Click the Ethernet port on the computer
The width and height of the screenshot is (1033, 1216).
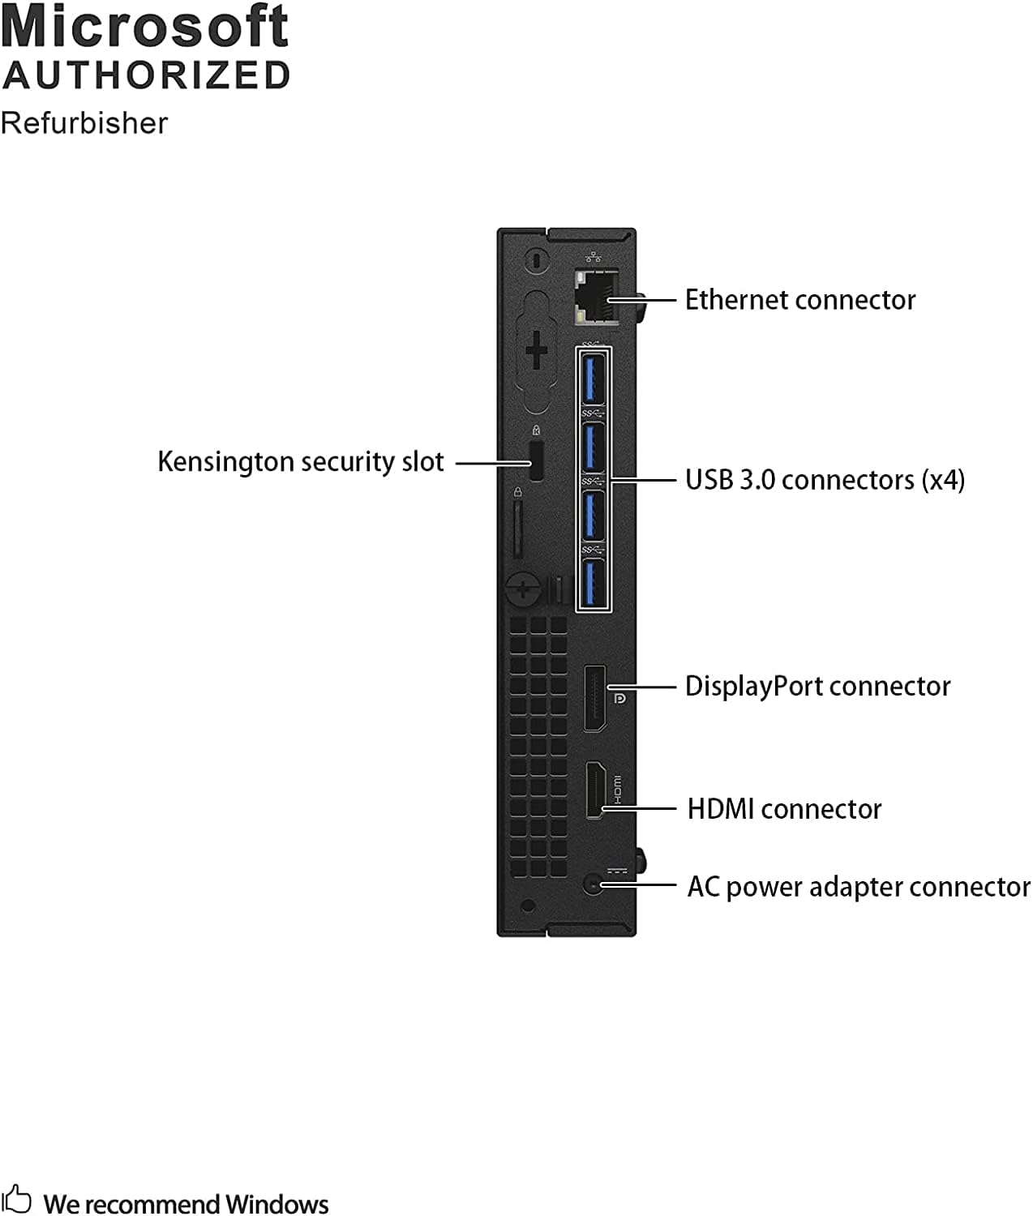(594, 298)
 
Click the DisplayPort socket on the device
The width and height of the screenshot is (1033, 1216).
(595, 698)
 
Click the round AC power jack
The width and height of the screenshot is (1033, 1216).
(594, 884)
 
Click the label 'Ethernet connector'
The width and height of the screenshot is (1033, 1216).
(799, 300)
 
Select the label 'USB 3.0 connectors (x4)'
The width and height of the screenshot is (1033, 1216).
(825, 480)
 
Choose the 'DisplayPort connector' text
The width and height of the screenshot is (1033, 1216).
(817, 687)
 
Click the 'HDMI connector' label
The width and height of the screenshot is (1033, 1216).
(784, 809)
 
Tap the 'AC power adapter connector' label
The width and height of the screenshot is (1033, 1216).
(858, 887)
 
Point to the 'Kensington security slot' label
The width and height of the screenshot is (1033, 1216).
(301, 462)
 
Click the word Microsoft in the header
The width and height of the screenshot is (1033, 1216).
(145, 27)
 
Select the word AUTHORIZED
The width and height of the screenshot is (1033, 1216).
(147, 75)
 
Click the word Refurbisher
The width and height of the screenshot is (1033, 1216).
(84, 123)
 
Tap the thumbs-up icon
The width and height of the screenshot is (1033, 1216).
(17, 1199)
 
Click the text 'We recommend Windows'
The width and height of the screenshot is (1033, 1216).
(186, 1204)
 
